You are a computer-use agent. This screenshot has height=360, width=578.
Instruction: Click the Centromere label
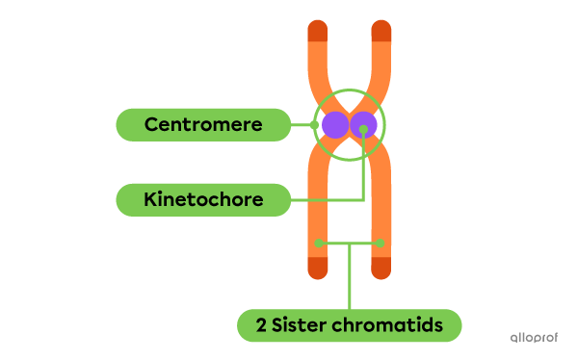[202, 125]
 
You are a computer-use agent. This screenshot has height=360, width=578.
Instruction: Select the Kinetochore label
[202, 200]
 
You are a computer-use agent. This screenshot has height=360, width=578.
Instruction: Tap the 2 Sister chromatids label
[349, 325]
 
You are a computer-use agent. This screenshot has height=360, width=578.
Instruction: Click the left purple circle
[333, 124]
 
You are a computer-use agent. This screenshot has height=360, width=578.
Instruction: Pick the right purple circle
[363, 124]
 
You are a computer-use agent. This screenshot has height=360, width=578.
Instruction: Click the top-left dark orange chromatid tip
[318, 32]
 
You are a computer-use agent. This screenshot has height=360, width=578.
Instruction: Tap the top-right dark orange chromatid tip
[381, 32]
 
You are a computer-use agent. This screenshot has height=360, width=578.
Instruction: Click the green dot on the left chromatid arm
[319, 243]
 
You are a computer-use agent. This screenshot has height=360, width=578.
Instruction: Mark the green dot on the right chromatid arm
[381, 243]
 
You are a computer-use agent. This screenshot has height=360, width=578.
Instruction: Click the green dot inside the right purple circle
[363, 129]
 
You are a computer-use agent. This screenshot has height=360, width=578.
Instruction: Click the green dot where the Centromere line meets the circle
[315, 125]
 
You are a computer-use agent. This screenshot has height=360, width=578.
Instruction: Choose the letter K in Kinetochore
[150, 200]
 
